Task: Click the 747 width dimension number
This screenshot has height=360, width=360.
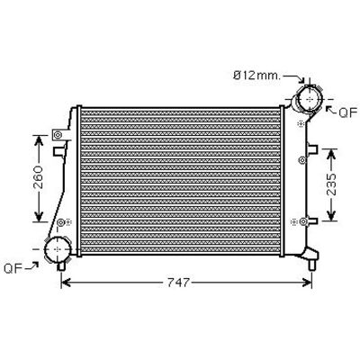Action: tap(178, 283)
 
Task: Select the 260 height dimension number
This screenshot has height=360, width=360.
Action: tap(38, 177)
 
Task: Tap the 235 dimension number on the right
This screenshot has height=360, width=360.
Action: tap(331, 184)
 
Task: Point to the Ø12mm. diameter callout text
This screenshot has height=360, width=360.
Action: tap(257, 76)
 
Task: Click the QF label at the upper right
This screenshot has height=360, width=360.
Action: tap(348, 112)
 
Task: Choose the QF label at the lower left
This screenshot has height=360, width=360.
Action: tap(13, 268)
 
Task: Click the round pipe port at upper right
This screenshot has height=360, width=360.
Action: tap(309, 99)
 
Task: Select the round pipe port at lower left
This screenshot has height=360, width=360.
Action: tap(58, 248)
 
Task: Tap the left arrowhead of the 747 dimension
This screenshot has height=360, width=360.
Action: tap(66, 283)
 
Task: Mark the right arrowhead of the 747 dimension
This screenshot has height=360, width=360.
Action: tap(308, 283)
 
